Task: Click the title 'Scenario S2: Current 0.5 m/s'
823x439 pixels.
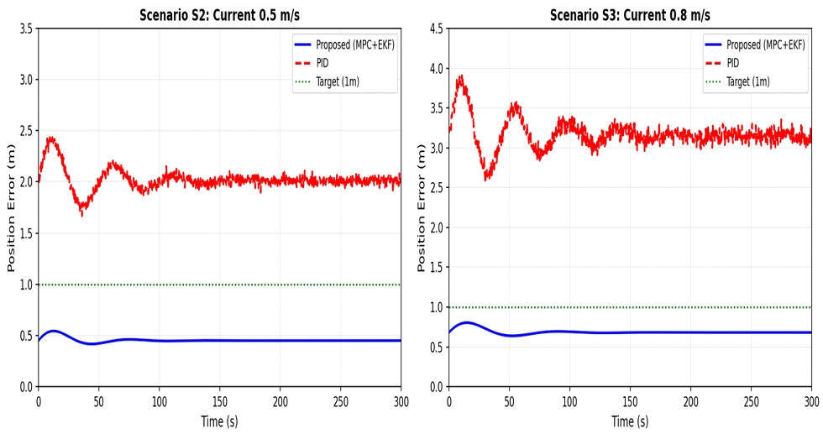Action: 220,15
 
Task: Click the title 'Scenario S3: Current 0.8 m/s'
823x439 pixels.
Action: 631,15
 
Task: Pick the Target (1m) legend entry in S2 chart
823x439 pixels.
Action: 340,81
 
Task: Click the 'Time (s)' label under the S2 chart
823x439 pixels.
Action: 220,421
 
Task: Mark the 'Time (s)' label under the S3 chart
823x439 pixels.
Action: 631,421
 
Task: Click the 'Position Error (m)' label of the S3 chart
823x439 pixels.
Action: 422,207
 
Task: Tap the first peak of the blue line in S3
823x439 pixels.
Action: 467,322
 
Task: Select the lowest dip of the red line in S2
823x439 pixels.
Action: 81,215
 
